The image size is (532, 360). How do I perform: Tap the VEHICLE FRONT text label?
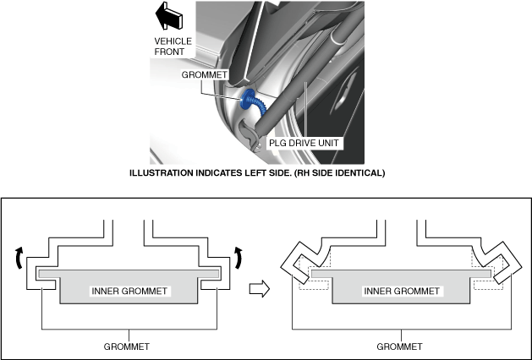click(x=173, y=46)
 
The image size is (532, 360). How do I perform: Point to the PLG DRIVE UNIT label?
click(x=304, y=143)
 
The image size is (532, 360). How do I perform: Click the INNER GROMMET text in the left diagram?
click(x=129, y=292)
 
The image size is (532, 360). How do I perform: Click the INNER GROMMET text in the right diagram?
click(x=402, y=292)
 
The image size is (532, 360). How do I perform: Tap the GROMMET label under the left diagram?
click(x=127, y=346)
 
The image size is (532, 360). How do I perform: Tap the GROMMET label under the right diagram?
click(x=399, y=346)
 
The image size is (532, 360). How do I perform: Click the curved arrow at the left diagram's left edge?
click(x=19, y=257)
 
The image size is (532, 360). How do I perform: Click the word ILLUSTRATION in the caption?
click(x=162, y=173)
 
